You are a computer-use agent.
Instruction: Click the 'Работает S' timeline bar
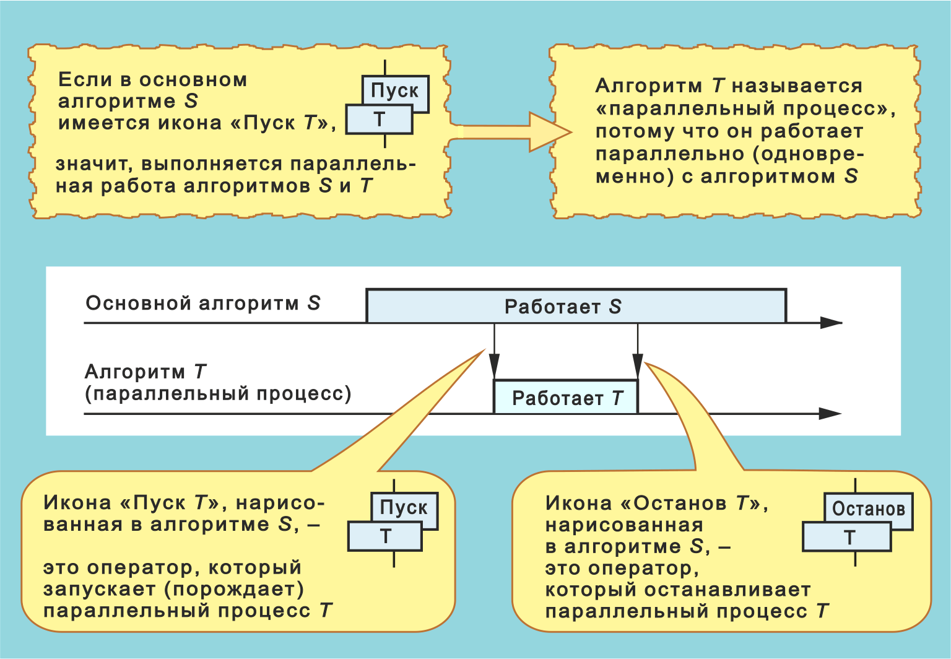[x=576, y=306]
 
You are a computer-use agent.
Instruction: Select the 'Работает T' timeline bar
[x=565, y=398]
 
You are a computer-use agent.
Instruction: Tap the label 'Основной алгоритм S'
[x=202, y=303]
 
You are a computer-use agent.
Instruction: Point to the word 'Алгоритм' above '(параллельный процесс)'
[x=134, y=372]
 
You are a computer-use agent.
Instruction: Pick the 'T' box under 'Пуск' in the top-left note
[x=379, y=120]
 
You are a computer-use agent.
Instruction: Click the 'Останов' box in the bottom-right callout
[x=868, y=509]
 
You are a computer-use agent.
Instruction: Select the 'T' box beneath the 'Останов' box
[x=846, y=537]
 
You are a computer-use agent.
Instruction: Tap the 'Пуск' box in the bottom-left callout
[x=404, y=507]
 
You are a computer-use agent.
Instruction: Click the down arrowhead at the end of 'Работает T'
[x=638, y=363]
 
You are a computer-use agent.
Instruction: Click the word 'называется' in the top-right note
[x=797, y=86]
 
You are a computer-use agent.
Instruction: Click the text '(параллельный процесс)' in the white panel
[x=218, y=394]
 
